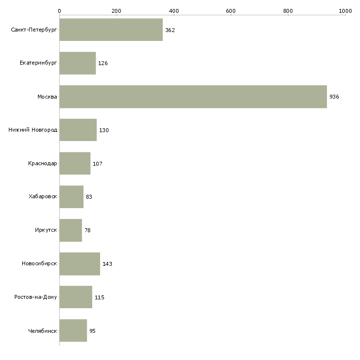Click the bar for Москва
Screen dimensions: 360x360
pyautogui.click(x=193, y=97)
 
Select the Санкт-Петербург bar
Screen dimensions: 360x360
pyautogui.click(x=111, y=30)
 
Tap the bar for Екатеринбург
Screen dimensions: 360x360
pyautogui.click(x=77, y=63)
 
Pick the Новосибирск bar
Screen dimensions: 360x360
pyautogui.click(x=80, y=264)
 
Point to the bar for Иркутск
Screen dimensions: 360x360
pyautogui.click(x=71, y=230)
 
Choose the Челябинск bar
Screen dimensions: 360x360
pyautogui.click(x=73, y=330)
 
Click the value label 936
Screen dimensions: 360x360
pyautogui.click(x=334, y=97)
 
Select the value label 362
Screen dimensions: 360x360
pyautogui.click(x=170, y=30)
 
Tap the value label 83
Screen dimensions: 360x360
pyautogui.click(x=89, y=197)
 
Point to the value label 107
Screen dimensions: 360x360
pyautogui.click(x=98, y=164)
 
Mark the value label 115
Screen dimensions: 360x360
pyautogui.click(x=100, y=297)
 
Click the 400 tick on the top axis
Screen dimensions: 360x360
pyautogui.click(x=174, y=10)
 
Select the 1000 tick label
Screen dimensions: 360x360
pyautogui.click(x=345, y=10)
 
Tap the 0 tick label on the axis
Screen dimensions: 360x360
pyautogui.click(x=59, y=10)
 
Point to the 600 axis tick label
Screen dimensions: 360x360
pyautogui.click(x=231, y=10)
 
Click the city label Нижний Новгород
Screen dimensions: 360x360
pyautogui.click(x=33, y=130)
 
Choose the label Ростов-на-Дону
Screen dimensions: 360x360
pyautogui.click(x=36, y=297)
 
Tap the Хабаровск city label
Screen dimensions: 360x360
pyautogui.click(x=42, y=197)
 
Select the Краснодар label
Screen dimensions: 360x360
pyautogui.click(x=42, y=164)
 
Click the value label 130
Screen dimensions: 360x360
pyautogui.click(x=104, y=130)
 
